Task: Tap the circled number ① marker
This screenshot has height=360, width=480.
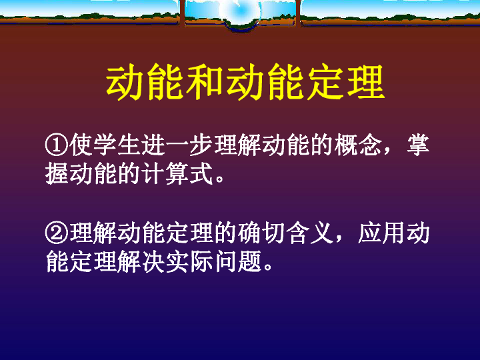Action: [57, 145]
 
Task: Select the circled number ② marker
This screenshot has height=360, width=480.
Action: [57, 233]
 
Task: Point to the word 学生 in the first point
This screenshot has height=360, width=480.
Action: [105, 145]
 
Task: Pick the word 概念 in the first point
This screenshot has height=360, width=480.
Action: [358, 145]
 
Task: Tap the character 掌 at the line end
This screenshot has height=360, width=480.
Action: [418, 145]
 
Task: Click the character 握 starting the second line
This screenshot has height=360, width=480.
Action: [57, 174]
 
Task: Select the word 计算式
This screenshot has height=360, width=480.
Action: [177, 174]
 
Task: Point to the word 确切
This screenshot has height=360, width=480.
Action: [261, 233]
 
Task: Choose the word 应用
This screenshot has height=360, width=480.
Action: [382, 233]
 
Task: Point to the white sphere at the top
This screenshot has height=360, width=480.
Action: [241, 11]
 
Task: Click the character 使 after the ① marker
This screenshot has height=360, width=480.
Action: [81, 145]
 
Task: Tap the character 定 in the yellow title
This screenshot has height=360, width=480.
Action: [326, 82]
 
